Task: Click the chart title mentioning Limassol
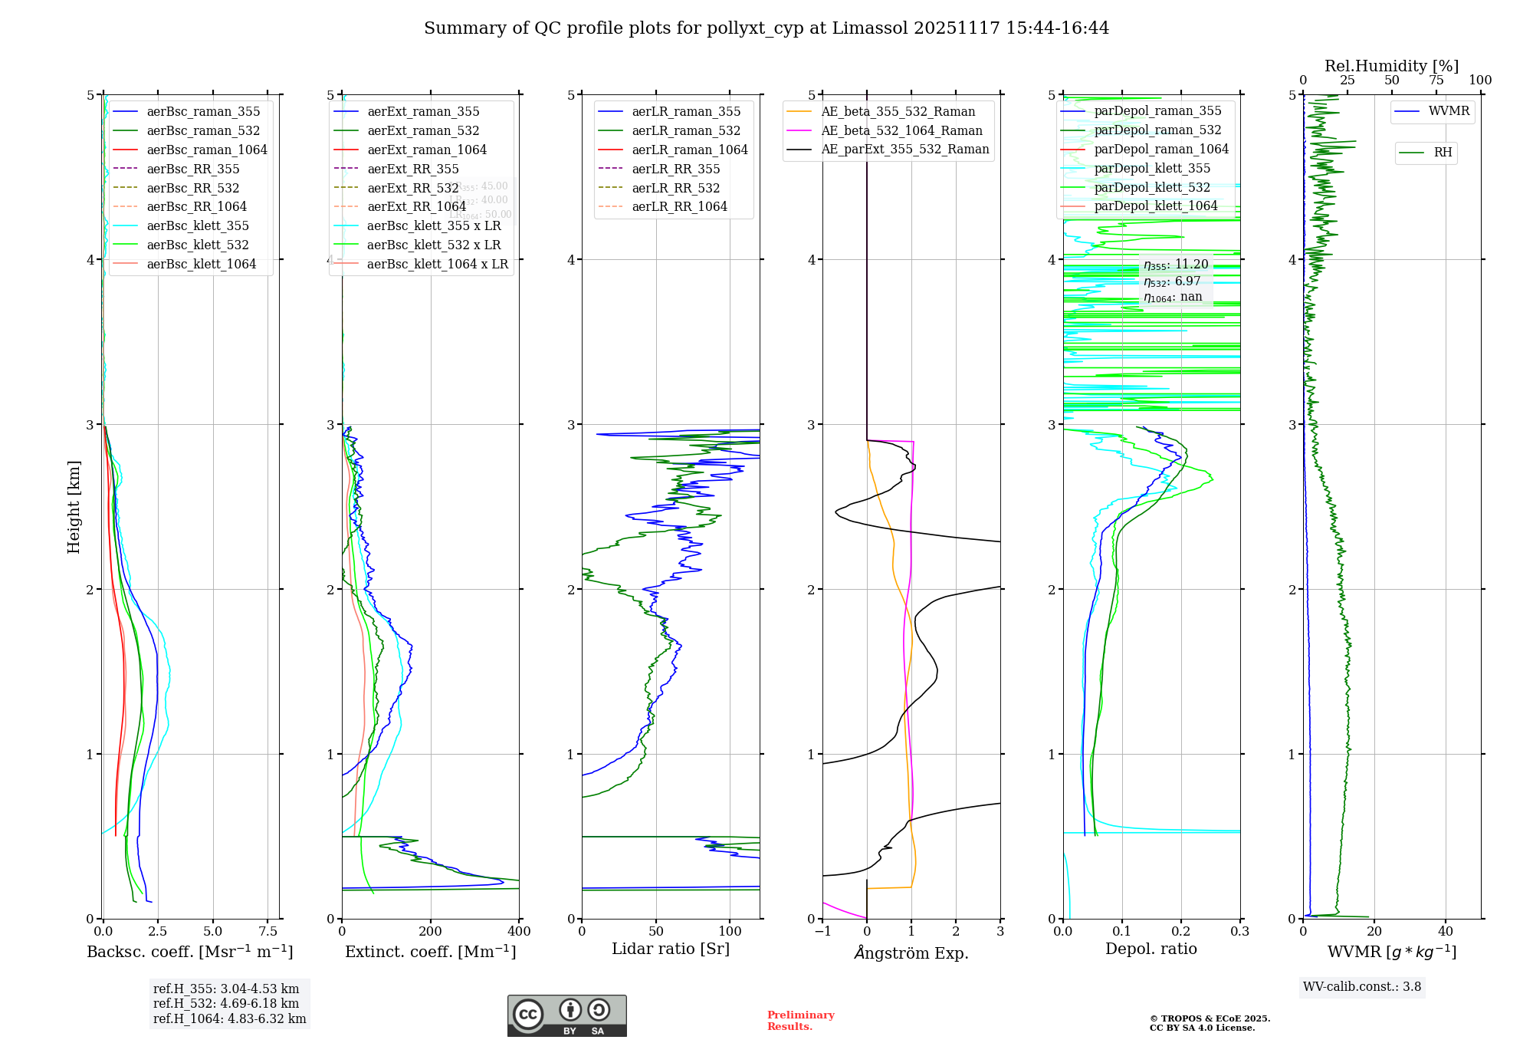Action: tap(766, 28)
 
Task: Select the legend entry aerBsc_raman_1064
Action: tap(207, 150)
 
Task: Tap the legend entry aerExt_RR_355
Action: tap(412, 169)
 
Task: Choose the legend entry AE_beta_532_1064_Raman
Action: tap(901, 130)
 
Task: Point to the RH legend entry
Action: tap(1443, 153)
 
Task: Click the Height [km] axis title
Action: tap(74, 507)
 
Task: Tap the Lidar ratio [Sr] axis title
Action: tap(671, 949)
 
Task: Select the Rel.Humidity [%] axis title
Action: tap(1391, 66)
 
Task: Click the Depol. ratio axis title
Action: tap(1151, 949)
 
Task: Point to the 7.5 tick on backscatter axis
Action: tap(268, 932)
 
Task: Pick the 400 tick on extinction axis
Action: tap(519, 932)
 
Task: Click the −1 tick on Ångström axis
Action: tap(822, 932)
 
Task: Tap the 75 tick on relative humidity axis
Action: tap(1436, 81)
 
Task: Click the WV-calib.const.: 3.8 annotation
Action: tap(1362, 987)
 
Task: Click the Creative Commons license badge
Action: tap(566, 1015)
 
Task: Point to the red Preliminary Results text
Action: tap(800, 1021)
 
